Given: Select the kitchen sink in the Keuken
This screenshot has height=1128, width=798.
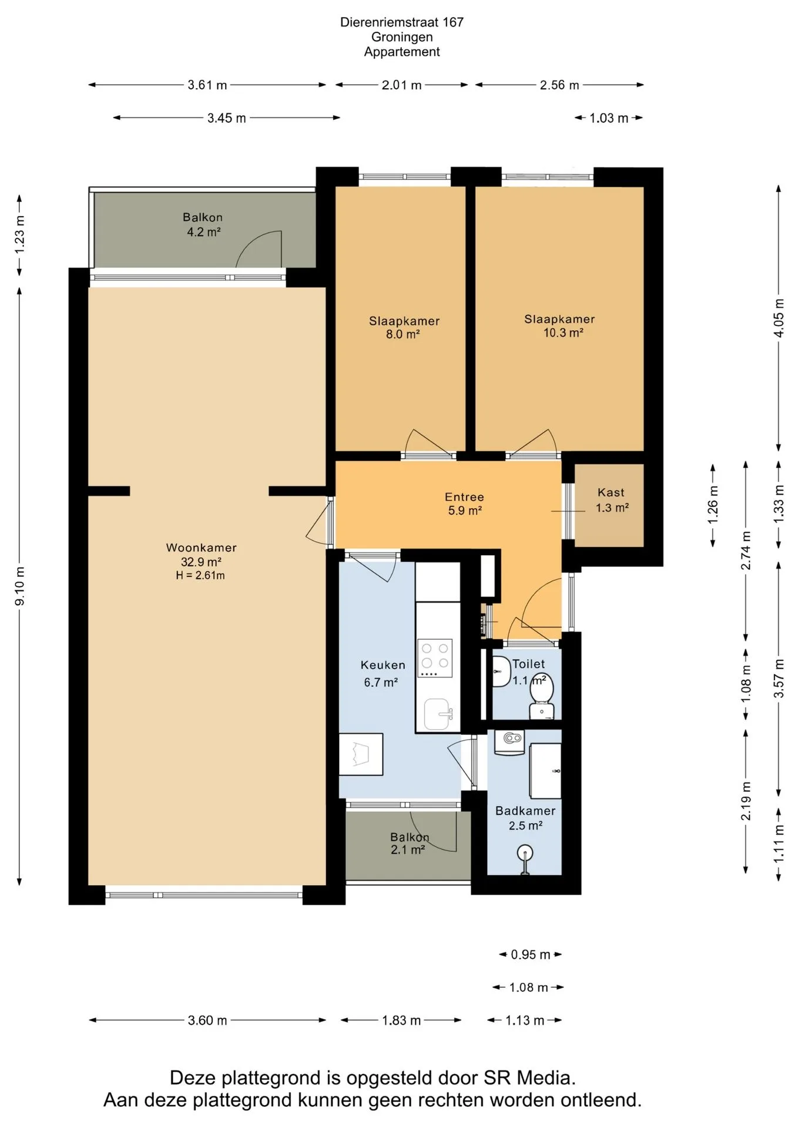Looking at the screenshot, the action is click(438, 714).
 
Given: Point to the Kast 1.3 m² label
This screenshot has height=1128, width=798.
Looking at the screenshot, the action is click(611, 500).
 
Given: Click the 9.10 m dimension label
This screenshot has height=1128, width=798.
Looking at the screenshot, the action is click(19, 586).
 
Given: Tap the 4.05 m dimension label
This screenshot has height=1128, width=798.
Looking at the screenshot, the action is click(779, 318).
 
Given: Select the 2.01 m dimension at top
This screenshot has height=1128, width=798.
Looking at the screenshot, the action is click(402, 85).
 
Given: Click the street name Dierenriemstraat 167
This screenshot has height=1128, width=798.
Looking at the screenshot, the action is click(402, 22).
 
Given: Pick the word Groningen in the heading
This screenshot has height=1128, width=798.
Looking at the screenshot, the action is click(402, 37).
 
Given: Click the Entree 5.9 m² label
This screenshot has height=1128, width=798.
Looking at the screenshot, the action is click(464, 503).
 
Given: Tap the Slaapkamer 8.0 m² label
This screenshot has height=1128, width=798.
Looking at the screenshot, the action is click(404, 327).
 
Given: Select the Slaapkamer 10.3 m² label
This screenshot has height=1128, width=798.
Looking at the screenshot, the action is click(560, 325).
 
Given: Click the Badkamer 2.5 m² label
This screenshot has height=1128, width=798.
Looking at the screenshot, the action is click(525, 818).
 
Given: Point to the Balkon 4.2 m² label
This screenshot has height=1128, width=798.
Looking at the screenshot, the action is click(203, 224).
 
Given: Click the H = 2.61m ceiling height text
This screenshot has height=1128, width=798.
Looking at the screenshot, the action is click(200, 576).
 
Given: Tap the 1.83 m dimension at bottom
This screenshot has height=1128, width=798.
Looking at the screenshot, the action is click(401, 1020).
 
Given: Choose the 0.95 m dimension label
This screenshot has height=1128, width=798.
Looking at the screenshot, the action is click(531, 955).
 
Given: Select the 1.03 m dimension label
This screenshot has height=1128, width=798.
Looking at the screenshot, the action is click(609, 118).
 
